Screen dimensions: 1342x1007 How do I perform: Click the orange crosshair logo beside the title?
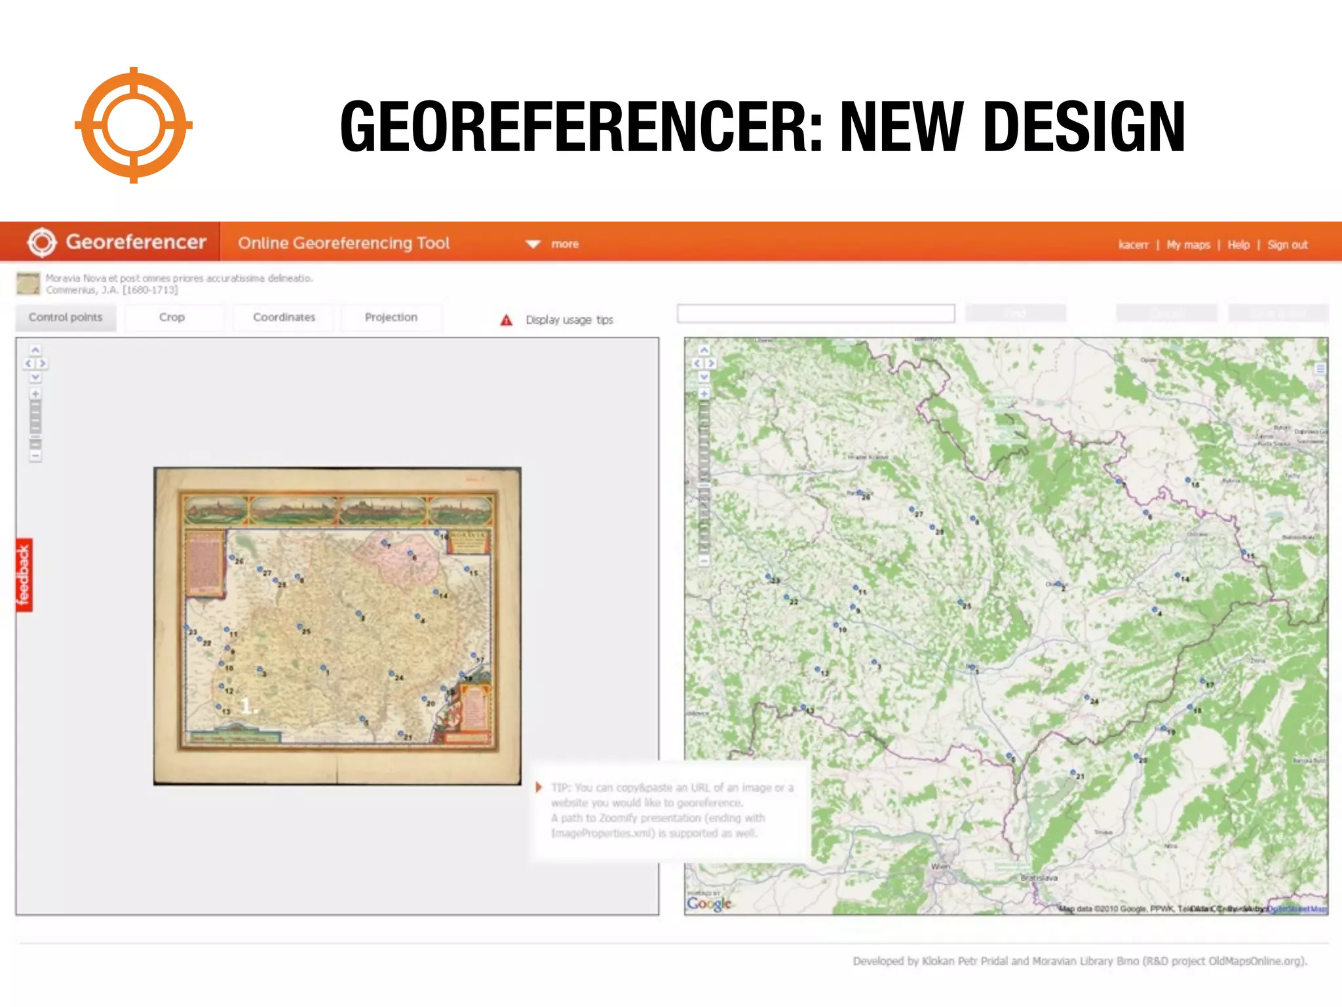134,125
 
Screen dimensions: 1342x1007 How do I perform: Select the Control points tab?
66,317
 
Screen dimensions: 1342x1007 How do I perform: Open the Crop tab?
172,317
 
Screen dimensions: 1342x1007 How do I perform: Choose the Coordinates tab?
284,317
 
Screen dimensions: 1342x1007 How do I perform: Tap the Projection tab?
391,317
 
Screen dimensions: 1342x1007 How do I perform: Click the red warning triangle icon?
507,320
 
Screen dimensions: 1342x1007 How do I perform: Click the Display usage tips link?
569,320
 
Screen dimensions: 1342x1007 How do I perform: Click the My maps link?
1188,245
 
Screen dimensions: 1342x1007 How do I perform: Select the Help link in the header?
1238,245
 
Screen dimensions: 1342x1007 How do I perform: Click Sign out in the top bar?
1287,245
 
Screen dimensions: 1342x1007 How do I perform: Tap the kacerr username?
1133,245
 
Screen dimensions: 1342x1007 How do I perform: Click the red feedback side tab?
24,575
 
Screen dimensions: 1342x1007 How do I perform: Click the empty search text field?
815,313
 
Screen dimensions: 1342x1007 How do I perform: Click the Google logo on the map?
709,903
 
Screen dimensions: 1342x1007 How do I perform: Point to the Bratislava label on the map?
1039,877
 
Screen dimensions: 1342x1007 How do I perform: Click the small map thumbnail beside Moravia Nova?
28,283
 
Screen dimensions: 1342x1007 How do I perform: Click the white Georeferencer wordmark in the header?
136,242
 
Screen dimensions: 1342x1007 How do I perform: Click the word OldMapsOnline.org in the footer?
1256,961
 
